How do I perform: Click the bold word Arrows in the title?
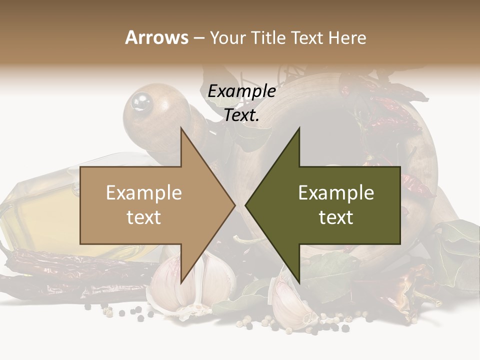[x=157, y=37]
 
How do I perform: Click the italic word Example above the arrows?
[x=241, y=91]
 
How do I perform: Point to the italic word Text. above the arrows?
[x=241, y=115]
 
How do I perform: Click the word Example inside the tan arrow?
[x=144, y=193]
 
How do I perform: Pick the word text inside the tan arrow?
[x=144, y=217]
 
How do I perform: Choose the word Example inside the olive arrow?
[x=336, y=193]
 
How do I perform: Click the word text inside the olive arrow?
[x=336, y=217]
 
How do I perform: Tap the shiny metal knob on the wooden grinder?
[x=141, y=101]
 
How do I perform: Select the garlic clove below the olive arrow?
[x=290, y=305]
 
